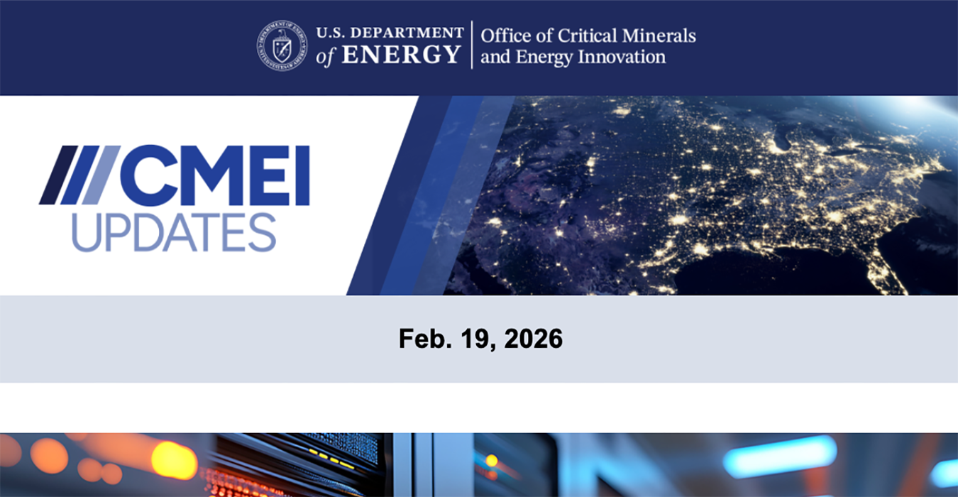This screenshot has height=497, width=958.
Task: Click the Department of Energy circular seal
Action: tap(282, 45)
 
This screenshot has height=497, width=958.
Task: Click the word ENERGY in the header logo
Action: tap(402, 55)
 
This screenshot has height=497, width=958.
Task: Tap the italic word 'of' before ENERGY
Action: tap(326, 55)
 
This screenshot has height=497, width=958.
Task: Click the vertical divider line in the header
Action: tap(472, 45)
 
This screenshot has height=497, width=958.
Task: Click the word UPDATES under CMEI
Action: tap(174, 231)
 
